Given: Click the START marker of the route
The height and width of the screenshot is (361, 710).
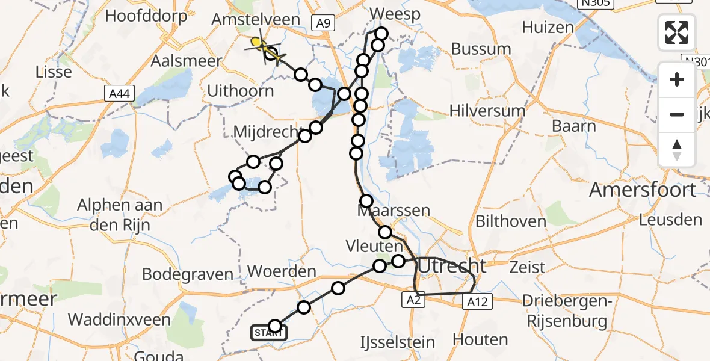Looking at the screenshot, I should click(x=268, y=333).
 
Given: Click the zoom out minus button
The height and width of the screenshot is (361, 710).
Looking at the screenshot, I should click(x=677, y=114).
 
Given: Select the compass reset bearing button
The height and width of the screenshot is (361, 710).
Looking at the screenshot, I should click(x=677, y=150).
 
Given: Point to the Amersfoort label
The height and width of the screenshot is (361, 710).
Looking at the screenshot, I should click(x=642, y=190).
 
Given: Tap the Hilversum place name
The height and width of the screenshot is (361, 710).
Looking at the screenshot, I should click(x=487, y=111).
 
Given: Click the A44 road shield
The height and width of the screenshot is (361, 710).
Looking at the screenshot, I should click(x=118, y=93).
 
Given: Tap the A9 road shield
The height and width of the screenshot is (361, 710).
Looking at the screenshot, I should click(x=323, y=23).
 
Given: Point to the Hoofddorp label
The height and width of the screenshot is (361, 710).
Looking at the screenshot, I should click(x=146, y=16).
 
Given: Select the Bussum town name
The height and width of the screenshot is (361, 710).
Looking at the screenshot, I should click(x=481, y=49).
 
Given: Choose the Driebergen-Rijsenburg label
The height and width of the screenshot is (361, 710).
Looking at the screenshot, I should click(x=564, y=311).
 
